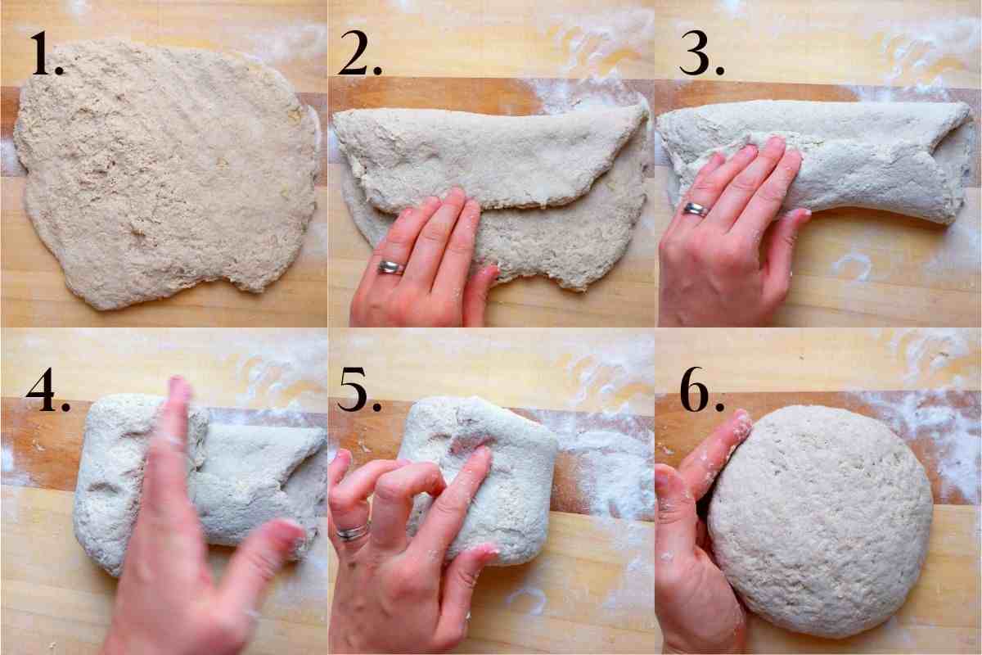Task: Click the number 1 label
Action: (x=47, y=56)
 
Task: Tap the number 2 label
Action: (x=364, y=56)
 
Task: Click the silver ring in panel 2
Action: (x=390, y=266)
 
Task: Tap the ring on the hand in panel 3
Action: (x=695, y=209)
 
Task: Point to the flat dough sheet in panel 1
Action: (x=164, y=172)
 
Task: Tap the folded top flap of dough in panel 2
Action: (x=491, y=156)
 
